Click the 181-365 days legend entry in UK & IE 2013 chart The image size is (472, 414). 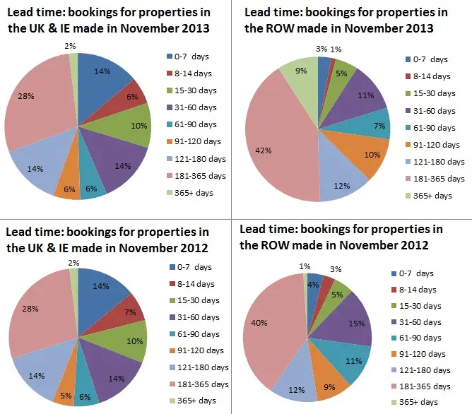pos(200,175)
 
